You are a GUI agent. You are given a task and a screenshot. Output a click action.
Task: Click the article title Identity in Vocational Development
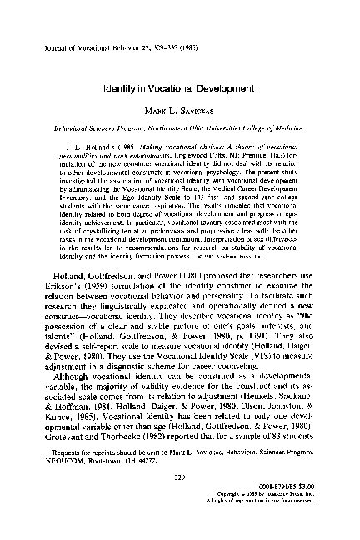[179, 86]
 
